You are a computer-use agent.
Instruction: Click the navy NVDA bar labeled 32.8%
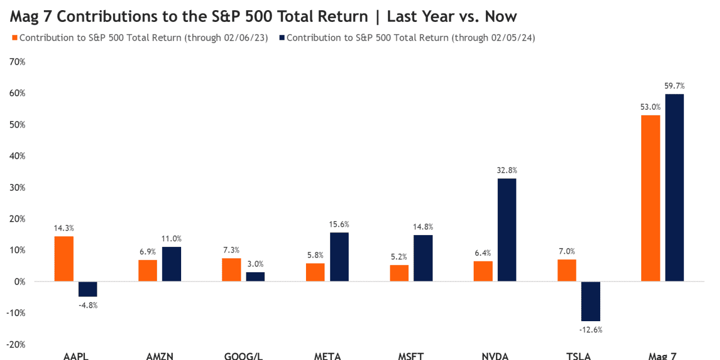pyautogui.click(x=507, y=229)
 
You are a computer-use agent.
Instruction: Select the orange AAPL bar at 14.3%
pyautogui.click(x=64, y=258)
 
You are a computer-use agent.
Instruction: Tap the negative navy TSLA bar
pyautogui.click(x=591, y=301)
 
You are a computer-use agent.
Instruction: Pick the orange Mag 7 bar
pyautogui.click(x=650, y=198)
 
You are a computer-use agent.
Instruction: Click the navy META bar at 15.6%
pyautogui.click(x=339, y=256)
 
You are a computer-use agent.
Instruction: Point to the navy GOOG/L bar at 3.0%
pyautogui.click(x=255, y=276)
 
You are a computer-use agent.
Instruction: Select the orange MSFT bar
pyautogui.click(x=399, y=273)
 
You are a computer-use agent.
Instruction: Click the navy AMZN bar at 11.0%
pyautogui.click(x=172, y=264)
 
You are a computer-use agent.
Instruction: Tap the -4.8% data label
pyautogui.click(x=88, y=305)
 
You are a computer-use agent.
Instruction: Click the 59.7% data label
pyautogui.click(x=674, y=86)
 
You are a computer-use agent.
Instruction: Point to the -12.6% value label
pyautogui.click(x=591, y=330)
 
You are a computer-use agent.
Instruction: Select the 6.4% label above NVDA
pyautogui.click(x=483, y=253)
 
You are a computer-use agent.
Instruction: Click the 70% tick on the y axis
pyautogui.click(x=17, y=62)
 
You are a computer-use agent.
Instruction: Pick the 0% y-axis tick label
pyautogui.click(x=20, y=281)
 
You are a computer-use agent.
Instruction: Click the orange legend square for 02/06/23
pyautogui.click(x=13, y=38)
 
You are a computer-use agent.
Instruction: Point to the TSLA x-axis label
pyautogui.click(x=579, y=356)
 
